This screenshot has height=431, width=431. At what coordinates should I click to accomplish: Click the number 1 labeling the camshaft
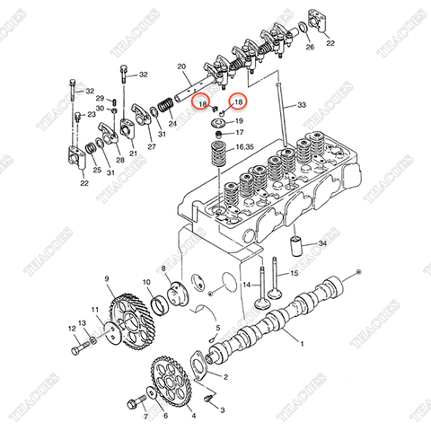click(302, 344)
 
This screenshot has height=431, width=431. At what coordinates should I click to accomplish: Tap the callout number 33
click(302, 105)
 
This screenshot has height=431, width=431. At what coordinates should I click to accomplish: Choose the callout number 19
click(239, 120)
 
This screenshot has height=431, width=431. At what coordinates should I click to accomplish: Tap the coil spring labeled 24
click(166, 106)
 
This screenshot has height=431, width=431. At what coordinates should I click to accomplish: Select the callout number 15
click(293, 273)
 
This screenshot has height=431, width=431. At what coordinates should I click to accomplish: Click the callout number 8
click(164, 268)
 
